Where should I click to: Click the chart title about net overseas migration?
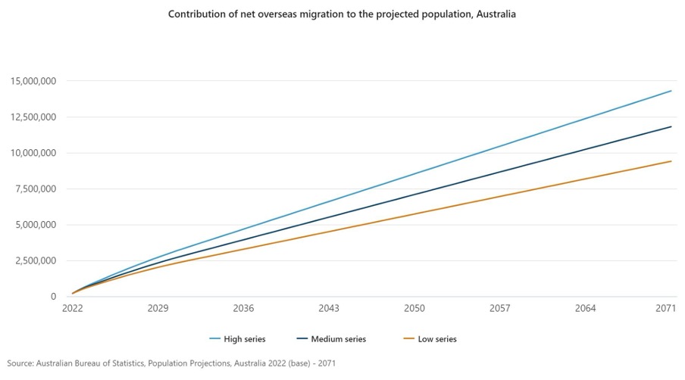342,14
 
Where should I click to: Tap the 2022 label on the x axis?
72,309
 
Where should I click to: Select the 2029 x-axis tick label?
158,309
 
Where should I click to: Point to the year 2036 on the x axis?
243,309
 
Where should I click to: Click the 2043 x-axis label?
329,309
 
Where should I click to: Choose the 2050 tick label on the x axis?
414,309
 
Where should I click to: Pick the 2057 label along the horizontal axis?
500,309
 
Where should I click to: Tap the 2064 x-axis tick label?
586,309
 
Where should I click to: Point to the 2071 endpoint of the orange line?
671,161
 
